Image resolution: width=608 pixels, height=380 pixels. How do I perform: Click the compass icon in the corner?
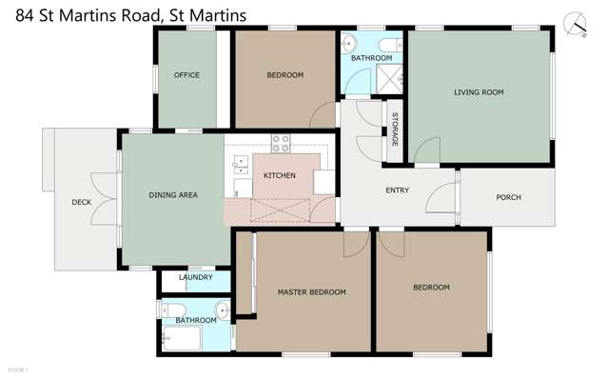pos(576,21)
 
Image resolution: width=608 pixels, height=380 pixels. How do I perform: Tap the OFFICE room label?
pos(186,75)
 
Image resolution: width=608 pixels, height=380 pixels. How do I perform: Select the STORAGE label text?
pos(395,130)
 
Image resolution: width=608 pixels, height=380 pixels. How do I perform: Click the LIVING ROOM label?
pos(479,92)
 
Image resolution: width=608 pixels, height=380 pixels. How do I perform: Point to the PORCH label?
pos(508,198)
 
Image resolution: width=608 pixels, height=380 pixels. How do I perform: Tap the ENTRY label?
pos(397,190)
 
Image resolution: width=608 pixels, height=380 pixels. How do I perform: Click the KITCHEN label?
pos(280,175)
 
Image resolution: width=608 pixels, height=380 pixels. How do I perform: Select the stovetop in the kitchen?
pos(281,144)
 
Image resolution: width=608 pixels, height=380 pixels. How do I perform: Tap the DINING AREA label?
pos(173,195)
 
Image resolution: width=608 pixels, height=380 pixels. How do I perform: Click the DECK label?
pos(81,203)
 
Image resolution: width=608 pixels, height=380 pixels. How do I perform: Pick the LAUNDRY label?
pos(195,278)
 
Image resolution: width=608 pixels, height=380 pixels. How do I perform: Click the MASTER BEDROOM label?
pos(311,291)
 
